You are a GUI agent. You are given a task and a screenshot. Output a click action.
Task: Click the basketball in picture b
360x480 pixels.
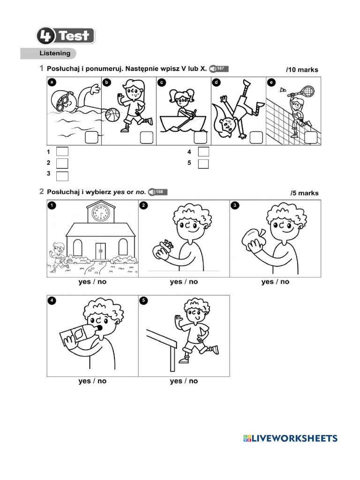(x=112, y=115)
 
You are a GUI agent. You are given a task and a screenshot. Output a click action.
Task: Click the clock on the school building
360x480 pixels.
(x=100, y=213)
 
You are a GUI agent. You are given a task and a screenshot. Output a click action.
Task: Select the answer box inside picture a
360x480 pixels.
(x=91, y=137)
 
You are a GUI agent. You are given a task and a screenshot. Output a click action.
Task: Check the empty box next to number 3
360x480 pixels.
(x=62, y=176)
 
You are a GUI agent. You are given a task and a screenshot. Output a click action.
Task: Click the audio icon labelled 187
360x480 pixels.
(x=219, y=69)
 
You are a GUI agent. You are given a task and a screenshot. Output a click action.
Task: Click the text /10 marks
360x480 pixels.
(x=302, y=70)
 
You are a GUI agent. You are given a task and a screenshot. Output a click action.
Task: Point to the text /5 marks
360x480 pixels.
(x=304, y=193)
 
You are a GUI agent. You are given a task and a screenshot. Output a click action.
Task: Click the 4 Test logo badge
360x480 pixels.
(x=66, y=36)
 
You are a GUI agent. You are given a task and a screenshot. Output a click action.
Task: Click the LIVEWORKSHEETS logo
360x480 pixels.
(x=290, y=438)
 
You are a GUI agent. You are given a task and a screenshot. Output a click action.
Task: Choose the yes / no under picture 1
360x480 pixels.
(x=92, y=282)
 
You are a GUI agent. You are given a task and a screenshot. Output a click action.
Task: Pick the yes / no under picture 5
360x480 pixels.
(x=184, y=381)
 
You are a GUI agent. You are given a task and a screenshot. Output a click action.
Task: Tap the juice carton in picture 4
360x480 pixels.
(x=75, y=337)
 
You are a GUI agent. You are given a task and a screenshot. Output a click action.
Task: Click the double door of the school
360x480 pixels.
(x=100, y=251)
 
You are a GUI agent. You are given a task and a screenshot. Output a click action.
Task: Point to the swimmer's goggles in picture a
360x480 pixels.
(x=67, y=97)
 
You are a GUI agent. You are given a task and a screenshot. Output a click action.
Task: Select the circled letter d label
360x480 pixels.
(x=216, y=82)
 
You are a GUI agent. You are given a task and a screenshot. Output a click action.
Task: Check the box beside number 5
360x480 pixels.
(x=203, y=164)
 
